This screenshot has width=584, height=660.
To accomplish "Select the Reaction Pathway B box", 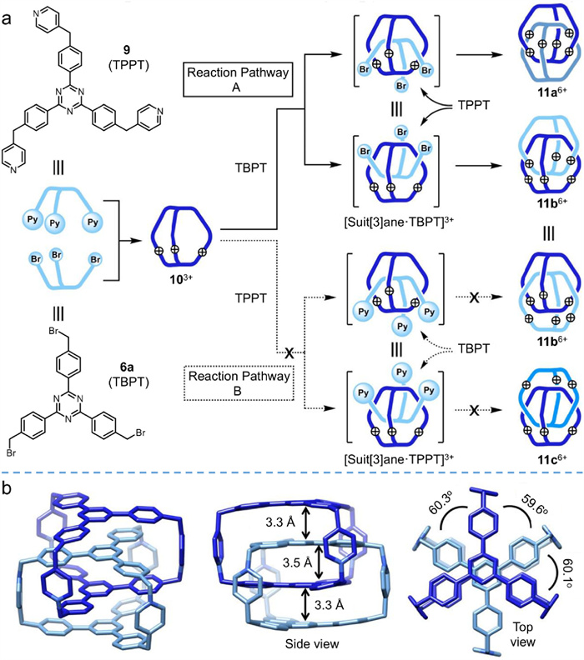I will (249, 386).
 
